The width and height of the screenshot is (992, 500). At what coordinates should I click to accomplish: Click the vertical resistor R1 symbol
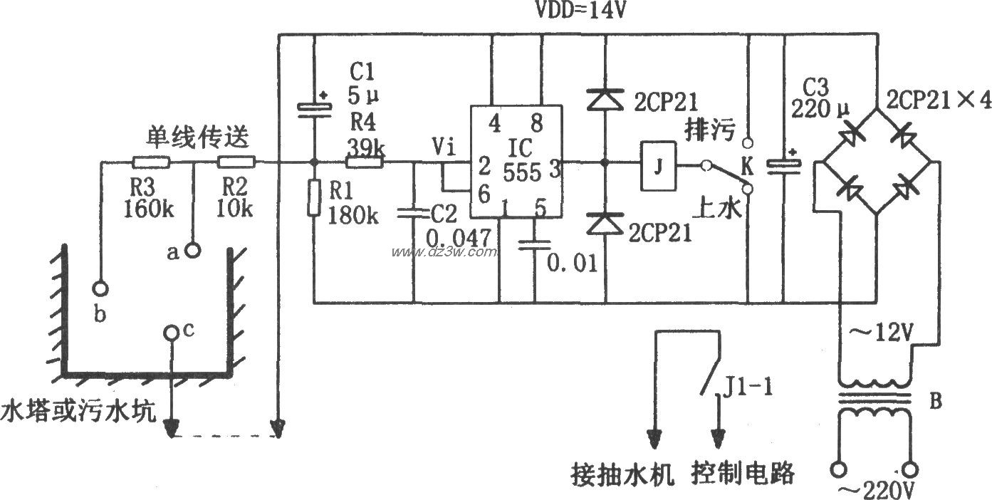[314, 197]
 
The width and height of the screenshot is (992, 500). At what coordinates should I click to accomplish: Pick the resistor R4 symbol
[364, 162]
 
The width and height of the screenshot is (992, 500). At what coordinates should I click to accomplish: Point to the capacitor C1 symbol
[314, 107]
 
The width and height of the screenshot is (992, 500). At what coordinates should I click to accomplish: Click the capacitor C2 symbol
[413, 212]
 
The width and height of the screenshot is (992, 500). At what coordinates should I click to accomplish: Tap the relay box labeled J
[659, 167]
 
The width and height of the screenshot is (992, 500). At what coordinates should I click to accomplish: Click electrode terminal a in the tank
[192, 250]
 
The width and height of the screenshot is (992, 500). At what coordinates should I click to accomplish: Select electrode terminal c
[172, 333]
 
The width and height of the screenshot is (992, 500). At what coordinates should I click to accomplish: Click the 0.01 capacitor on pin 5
[535, 244]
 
